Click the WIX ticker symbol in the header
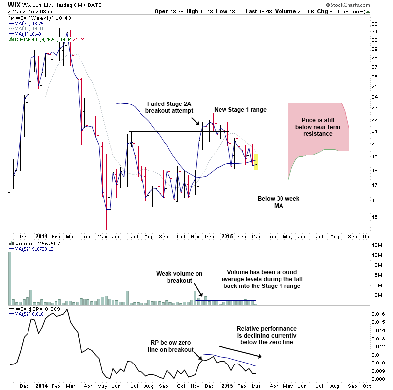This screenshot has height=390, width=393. coord(8,4)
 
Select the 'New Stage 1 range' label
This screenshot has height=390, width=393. coord(240,109)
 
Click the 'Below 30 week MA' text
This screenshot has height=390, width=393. coord(279,202)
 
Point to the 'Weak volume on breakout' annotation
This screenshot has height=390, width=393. coord(179,277)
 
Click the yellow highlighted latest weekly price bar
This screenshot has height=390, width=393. coord(255,162)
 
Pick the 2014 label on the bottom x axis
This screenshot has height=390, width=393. coord(41,386)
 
